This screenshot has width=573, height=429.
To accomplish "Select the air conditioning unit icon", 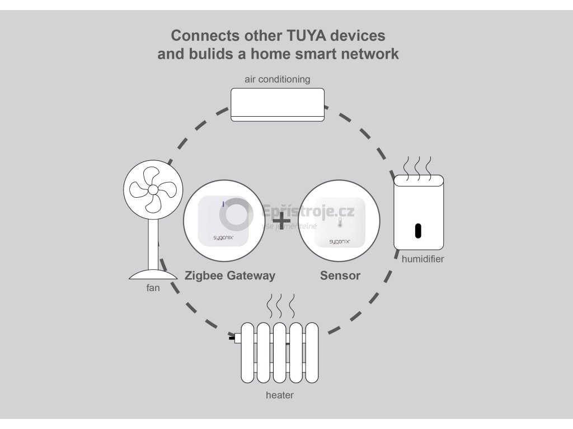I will point(278,104).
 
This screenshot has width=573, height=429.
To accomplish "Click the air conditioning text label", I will point(277,79).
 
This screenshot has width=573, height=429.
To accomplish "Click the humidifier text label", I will point(422,259).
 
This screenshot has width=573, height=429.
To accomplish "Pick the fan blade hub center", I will point(152,190).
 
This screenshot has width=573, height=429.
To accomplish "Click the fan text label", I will point(153,288).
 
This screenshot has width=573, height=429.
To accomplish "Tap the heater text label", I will point(279,395).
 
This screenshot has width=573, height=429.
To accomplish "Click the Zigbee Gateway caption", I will point(230,275).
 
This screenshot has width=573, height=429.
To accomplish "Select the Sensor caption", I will point(340,275).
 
